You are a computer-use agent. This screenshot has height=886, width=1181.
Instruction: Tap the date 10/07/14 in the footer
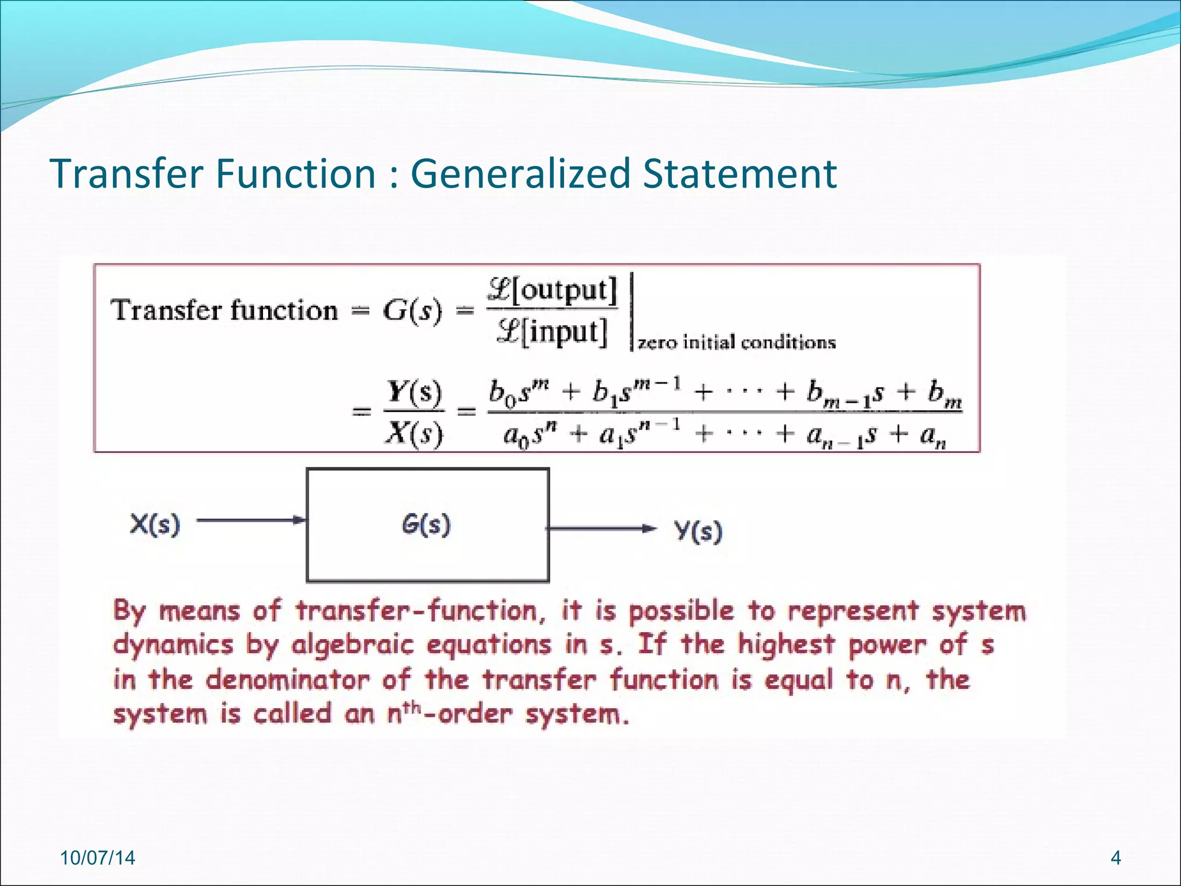pyautogui.click(x=97, y=858)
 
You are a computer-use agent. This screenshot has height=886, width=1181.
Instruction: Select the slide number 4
pyautogui.click(x=1115, y=858)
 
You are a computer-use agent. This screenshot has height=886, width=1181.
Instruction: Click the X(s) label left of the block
pyautogui.click(x=155, y=524)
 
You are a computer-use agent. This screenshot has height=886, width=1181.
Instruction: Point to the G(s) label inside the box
pyautogui.click(x=426, y=524)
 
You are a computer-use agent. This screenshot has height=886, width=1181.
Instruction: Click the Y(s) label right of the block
pyautogui.click(x=698, y=531)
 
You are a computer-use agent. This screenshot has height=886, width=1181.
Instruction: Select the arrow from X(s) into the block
pyautogui.click(x=251, y=520)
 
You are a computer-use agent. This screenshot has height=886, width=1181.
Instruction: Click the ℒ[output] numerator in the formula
pyautogui.click(x=552, y=290)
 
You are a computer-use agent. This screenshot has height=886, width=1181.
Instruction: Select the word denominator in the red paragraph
pyautogui.click(x=287, y=680)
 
